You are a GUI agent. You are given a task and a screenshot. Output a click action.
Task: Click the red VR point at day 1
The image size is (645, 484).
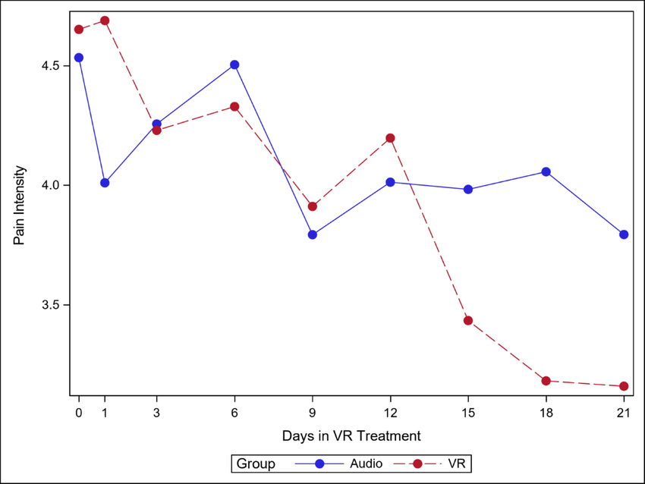point(105,20)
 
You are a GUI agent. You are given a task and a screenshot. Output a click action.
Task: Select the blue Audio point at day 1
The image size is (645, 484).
point(105,183)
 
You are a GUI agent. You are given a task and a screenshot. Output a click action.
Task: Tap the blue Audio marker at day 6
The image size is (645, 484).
point(234,64)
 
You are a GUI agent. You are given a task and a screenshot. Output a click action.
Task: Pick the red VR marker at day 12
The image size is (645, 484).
point(390,138)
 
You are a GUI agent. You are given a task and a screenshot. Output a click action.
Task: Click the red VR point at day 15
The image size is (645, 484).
point(468,320)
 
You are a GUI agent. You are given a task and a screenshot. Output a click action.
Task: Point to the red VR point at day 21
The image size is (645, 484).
point(624,386)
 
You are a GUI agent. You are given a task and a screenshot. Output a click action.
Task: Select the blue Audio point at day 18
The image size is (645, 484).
point(546,171)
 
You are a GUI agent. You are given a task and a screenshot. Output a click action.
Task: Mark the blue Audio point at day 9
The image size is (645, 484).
point(313,235)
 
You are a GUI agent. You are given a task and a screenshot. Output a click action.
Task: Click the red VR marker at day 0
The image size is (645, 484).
point(79,29)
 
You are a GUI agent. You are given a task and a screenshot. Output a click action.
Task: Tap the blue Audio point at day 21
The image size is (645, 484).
point(624,234)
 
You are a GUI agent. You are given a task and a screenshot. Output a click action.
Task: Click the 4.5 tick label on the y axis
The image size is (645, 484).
point(50,66)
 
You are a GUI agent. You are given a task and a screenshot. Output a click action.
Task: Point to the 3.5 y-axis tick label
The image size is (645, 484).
point(50,305)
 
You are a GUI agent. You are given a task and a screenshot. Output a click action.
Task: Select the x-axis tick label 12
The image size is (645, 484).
point(390,413)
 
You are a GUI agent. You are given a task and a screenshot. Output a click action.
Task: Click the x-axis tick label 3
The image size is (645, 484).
point(157,413)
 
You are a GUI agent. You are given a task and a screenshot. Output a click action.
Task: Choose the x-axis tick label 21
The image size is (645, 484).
point(624,413)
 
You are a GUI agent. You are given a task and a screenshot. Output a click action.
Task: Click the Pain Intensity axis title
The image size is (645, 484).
point(19,205)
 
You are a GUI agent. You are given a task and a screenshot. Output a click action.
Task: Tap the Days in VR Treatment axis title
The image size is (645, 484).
point(351,436)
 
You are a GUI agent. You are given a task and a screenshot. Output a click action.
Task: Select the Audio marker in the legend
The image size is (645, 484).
point(319,464)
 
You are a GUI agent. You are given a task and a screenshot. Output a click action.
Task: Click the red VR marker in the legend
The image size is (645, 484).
point(417,464)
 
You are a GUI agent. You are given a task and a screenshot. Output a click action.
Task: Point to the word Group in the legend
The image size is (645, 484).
point(256,464)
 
